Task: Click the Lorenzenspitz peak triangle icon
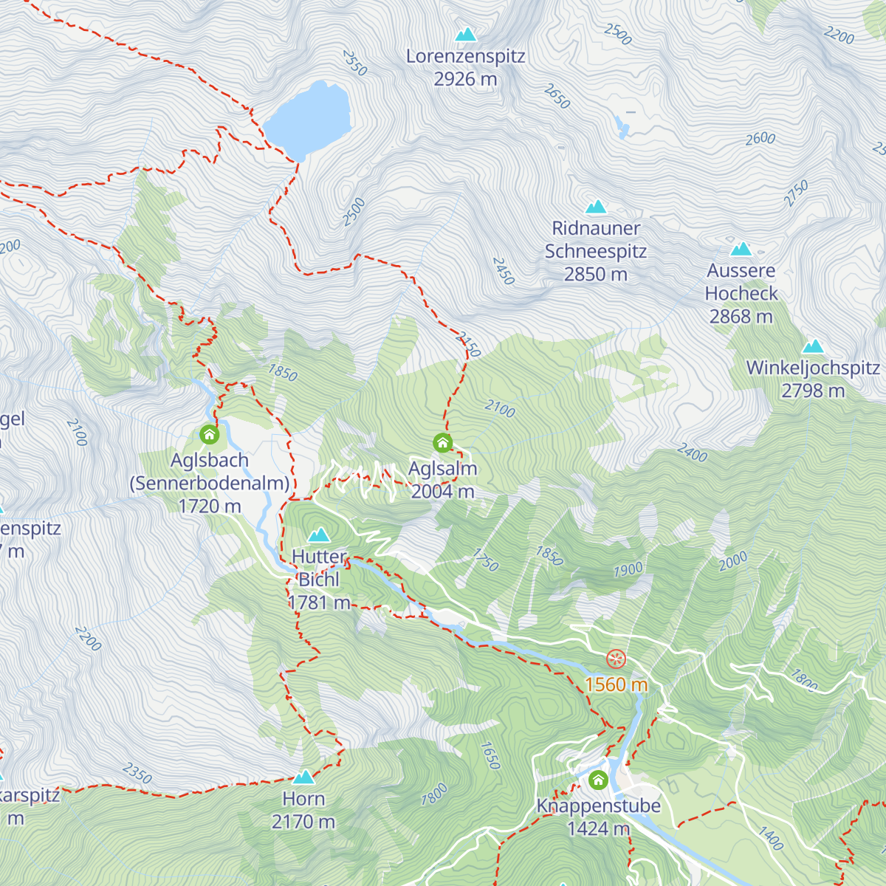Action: point(466,34)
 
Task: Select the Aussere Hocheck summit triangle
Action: point(741,249)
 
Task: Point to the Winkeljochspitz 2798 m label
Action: point(813,379)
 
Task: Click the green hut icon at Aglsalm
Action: point(442,443)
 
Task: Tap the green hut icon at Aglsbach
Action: point(210,434)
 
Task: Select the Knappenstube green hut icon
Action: point(598,780)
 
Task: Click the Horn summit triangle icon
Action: point(303,777)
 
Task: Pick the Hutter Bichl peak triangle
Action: point(319,534)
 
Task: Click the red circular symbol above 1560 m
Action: point(616,659)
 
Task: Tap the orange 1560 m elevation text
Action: point(617,685)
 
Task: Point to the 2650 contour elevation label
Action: point(557,96)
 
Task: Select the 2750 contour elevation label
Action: point(797,193)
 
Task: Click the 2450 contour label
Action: point(503,272)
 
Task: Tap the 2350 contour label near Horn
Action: point(137,773)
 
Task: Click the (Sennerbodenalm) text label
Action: point(210,484)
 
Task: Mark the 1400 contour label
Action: point(770,838)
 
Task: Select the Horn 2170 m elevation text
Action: point(303,821)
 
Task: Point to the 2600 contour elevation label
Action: point(760,139)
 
